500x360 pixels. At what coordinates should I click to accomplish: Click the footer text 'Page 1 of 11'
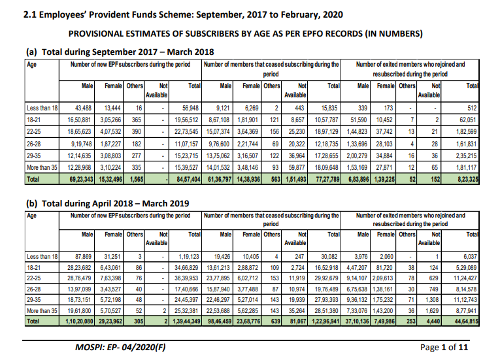445,347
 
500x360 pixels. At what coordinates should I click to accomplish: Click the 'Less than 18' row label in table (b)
42,257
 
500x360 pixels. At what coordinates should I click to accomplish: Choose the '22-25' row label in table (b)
35,278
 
